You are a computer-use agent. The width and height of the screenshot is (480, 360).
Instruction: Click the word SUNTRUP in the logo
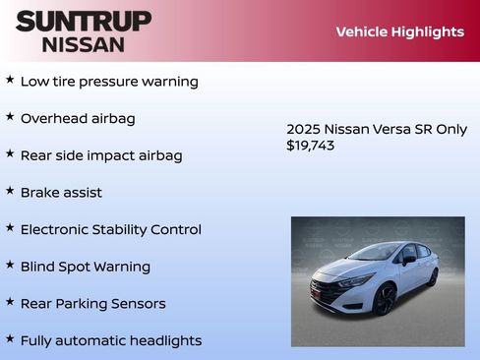tap(84, 21)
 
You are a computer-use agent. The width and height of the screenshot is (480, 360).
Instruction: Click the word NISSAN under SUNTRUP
tap(84, 44)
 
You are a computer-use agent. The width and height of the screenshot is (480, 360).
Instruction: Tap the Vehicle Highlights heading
tap(399, 31)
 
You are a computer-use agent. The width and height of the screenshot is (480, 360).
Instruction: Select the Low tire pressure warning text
tap(109, 82)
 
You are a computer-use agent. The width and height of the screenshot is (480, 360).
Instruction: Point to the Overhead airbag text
tap(78, 118)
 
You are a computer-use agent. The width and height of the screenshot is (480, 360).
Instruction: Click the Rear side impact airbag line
tap(101, 155)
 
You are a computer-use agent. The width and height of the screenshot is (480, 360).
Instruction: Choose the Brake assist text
tap(61, 193)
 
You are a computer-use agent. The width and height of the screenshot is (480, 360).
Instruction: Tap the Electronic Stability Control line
tap(110, 229)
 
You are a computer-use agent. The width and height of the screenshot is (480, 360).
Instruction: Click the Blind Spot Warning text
tap(86, 267)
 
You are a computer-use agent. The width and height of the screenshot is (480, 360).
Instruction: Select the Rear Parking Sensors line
tap(92, 304)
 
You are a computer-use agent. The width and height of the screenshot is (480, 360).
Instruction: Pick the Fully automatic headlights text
tap(111, 340)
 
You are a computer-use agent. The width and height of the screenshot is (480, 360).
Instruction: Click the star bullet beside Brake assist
tap(10, 191)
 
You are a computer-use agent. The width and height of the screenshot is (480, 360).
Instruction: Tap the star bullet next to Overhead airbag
tap(10, 116)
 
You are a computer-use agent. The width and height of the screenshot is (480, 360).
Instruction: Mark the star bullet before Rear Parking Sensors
tap(10, 302)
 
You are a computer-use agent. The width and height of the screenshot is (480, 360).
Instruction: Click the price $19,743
tap(310, 146)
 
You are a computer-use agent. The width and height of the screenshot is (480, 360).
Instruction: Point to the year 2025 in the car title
tap(302, 129)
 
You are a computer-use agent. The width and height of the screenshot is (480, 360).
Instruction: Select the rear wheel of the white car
tap(432, 277)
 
